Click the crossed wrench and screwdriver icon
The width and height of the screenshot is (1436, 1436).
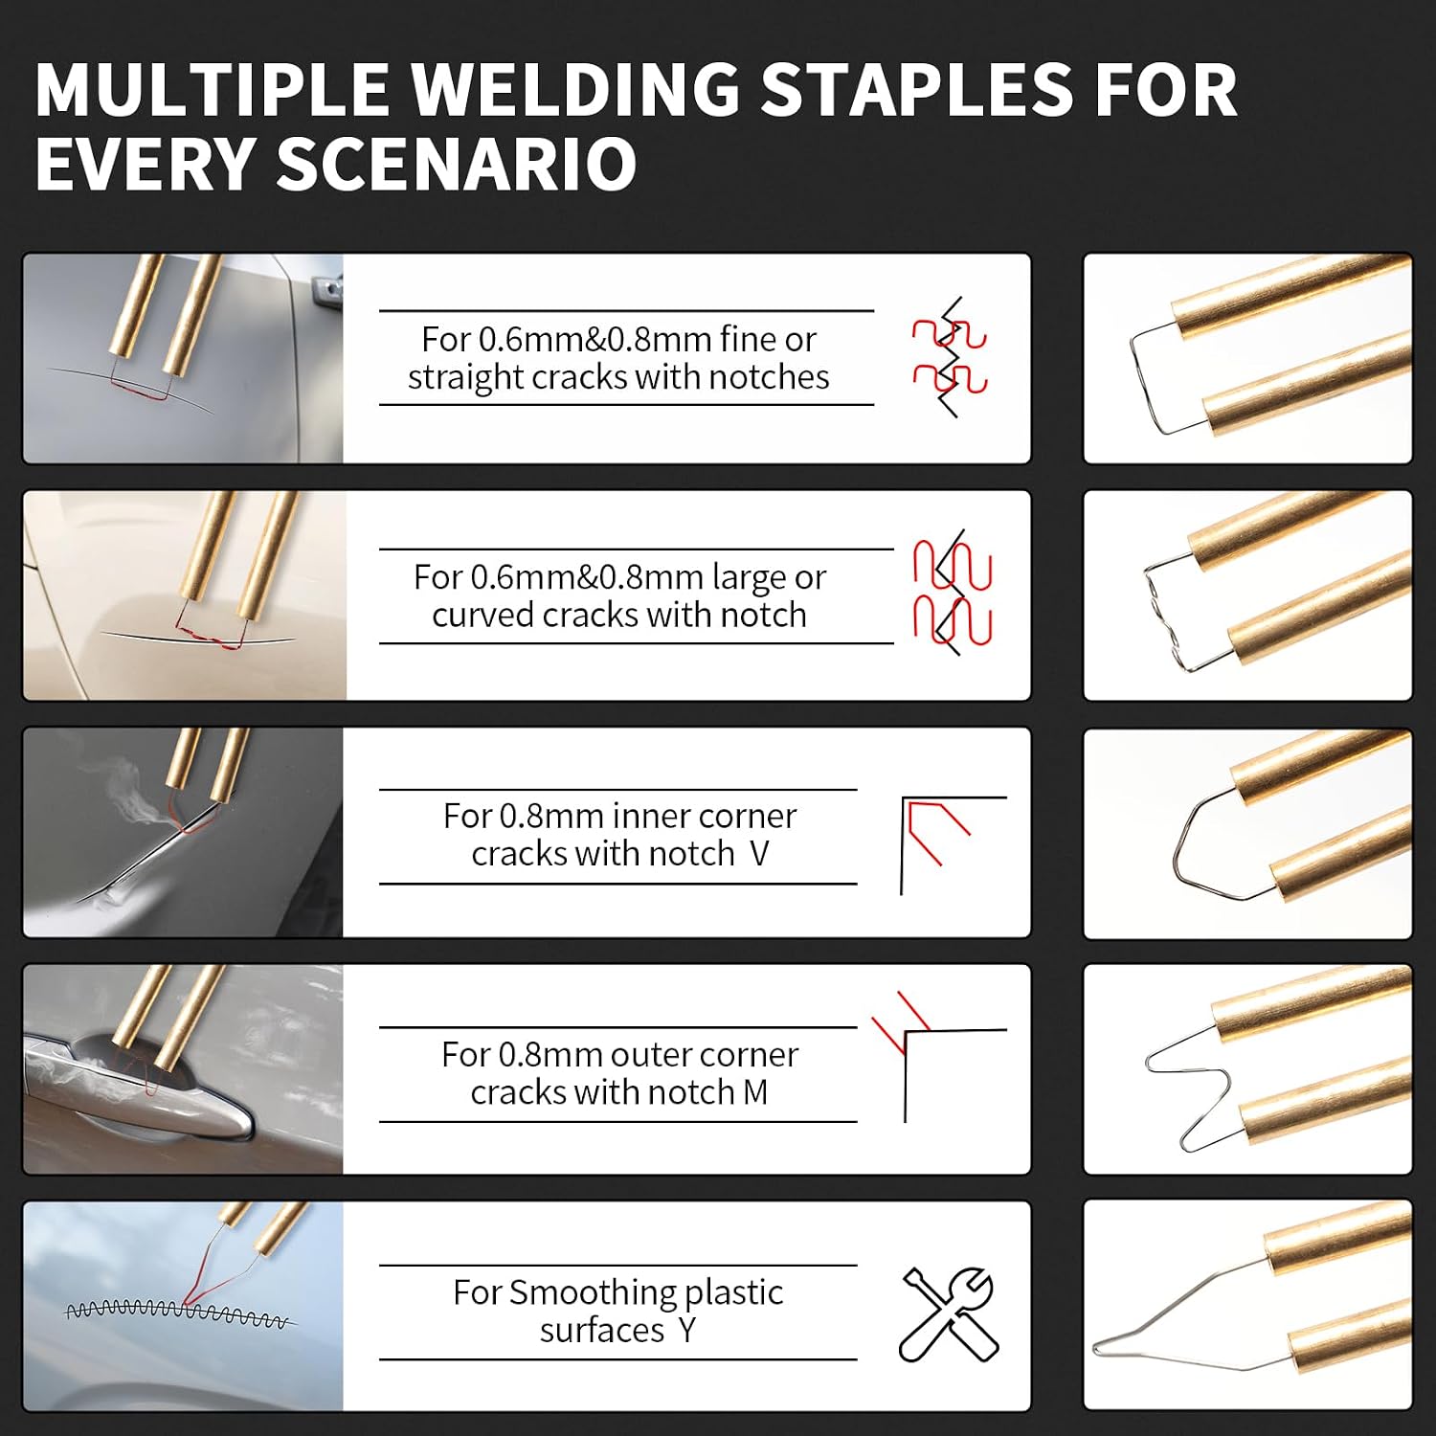(949, 1313)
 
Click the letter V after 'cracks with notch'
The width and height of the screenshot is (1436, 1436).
(759, 853)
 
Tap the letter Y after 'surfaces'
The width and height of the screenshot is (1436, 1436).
(686, 1330)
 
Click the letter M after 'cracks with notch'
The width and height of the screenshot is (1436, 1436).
(754, 1092)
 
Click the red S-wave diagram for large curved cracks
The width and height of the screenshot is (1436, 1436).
(953, 593)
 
